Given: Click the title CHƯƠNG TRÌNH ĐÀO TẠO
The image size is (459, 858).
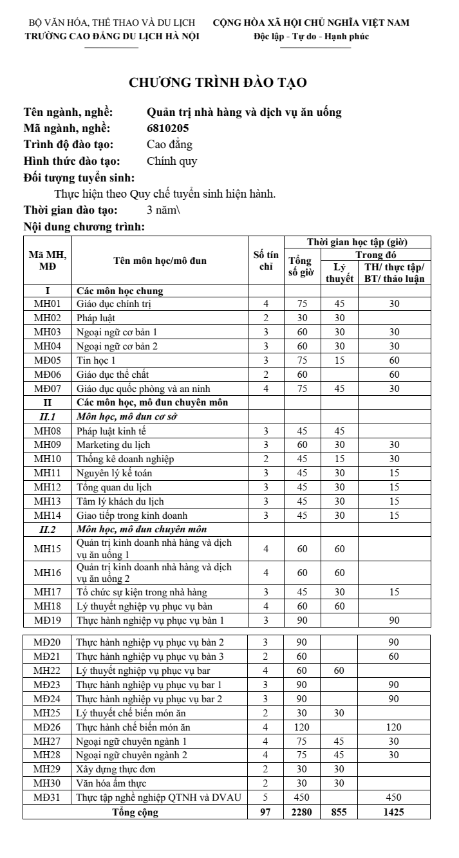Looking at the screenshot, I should point(218,82).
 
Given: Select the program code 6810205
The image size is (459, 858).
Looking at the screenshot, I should point(168,128).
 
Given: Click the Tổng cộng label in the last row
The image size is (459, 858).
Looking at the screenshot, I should point(135,812).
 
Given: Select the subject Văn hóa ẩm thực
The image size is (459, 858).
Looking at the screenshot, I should point(111,784).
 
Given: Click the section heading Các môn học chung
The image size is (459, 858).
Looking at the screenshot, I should point(119,290).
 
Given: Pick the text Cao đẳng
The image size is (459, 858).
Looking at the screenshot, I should point(169,145).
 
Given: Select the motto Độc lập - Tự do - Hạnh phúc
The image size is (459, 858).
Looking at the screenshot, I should point(311,36).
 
